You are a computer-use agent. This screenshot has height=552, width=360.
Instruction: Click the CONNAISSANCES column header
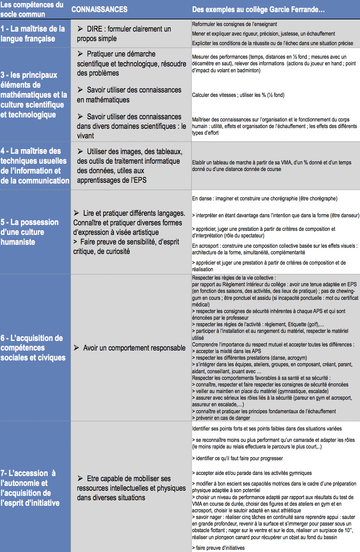[99, 10]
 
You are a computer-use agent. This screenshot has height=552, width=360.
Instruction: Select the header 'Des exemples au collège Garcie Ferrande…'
[258, 10]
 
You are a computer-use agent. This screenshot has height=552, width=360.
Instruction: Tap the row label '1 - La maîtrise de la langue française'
[33, 34]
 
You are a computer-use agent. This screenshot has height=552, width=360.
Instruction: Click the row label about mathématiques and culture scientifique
[34, 95]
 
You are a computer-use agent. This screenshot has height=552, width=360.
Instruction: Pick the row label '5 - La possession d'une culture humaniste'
[29, 232]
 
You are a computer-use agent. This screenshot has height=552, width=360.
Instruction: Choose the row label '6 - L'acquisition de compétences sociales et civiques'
[33, 348]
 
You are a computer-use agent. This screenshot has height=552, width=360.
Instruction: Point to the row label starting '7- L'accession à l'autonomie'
[30, 488]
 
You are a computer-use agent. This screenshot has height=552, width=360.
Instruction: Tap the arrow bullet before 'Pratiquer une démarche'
[80, 54]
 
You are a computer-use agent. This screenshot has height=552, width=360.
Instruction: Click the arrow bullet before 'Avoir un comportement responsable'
[76, 348]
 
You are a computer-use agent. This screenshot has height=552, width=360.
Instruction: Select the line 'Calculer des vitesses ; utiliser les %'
[238, 95]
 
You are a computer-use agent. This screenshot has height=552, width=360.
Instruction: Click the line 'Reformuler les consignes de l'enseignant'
[234, 24]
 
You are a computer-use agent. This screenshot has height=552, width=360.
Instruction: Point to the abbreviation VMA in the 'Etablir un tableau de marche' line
[286, 163]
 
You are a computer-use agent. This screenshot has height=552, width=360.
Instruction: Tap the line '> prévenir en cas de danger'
[221, 418]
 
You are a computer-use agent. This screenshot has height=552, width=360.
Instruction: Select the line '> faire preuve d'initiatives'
[218, 548]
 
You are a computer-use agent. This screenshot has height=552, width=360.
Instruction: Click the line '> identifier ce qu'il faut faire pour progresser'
[237, 458]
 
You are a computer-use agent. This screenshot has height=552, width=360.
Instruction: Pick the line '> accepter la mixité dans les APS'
[226, 351]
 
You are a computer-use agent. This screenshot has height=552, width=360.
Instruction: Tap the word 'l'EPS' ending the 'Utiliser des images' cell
[138, 180]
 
